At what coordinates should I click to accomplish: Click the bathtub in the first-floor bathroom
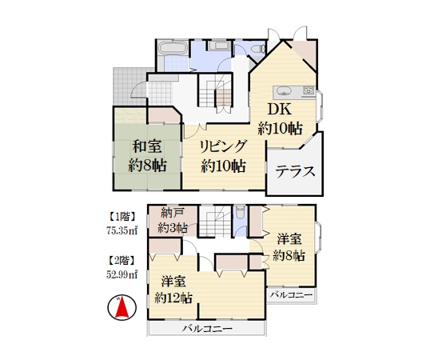172,47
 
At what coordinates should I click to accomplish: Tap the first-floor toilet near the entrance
258,49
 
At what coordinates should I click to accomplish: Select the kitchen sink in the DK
284,91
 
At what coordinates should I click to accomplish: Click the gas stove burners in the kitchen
309,90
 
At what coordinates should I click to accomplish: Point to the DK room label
279,110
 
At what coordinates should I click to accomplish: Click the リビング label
223,146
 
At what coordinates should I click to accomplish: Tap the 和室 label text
147,146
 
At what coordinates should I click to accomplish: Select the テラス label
295,171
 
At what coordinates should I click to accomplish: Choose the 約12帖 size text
173,298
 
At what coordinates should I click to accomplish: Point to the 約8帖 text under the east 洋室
289,255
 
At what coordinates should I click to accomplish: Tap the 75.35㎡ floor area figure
121,231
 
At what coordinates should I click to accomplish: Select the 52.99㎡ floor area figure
121,274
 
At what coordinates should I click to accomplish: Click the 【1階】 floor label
121,216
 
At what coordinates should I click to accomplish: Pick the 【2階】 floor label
121,261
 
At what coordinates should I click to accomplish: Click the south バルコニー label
207,329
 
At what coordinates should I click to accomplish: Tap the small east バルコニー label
292,295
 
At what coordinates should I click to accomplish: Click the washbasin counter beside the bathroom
218,46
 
